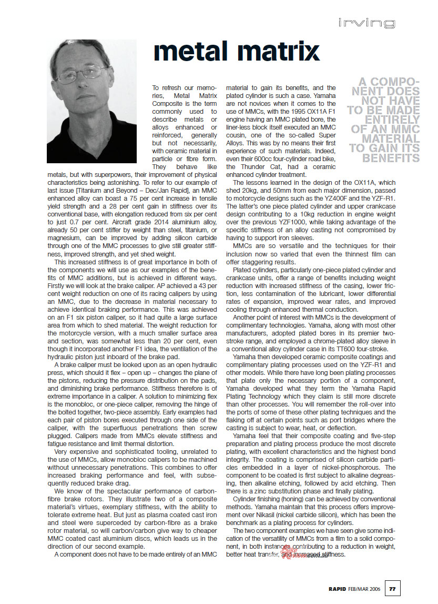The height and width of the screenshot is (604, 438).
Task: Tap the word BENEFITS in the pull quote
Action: pos(392,158)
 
